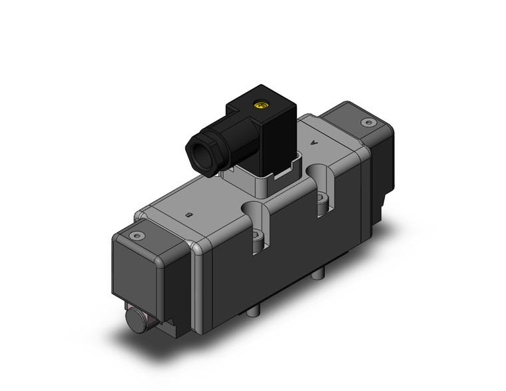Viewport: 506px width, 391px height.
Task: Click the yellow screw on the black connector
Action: [x=260, y=104]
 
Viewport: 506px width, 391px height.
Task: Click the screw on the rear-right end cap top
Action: [x=366, y=123]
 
